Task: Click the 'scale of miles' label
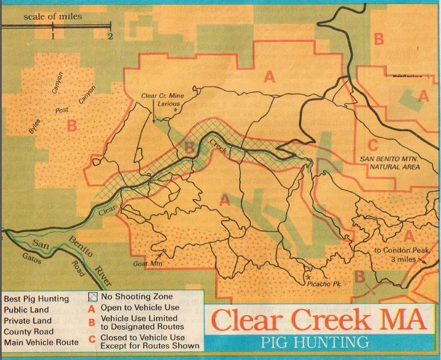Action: pyautogui.click(x=53, y=16)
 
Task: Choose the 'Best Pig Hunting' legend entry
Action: pyautogui.click(x=36, y=299)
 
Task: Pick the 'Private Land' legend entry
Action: pyautogui.click(x=27, y=321)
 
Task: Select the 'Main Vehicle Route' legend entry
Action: pyautogui.click(x=41, y=343)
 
